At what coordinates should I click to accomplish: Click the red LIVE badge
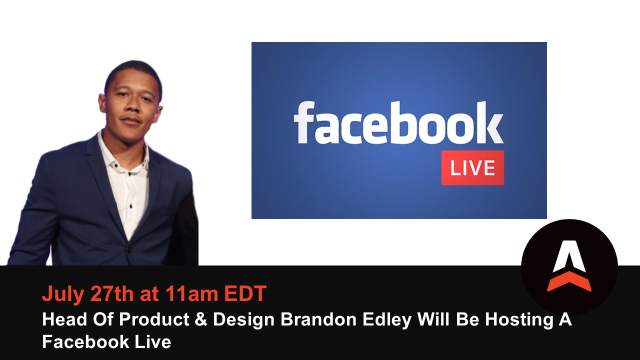pyautogui.click(x=472, y=167)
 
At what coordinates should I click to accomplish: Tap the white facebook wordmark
pyautogui.click(x=398, y=123)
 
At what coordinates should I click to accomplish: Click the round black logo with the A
pyautogui.click(x=569, y=267)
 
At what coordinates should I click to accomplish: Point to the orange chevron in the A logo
pyautogui.click(x=569, y=281)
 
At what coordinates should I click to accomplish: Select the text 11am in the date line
pyautogui.click(x=191, y=293)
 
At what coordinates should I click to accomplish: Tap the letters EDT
pyautogui.click(x=245, y=293)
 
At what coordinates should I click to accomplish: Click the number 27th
pyautogui.click(x=112, y=293)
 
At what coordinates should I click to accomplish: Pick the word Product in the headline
pyautogui.click(x=154, y=319)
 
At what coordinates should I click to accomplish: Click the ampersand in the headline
pyautogui.click(x=201, y=319)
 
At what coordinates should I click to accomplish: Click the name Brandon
pyautogui.click(x=318, y=319)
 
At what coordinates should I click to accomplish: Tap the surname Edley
pyautogui.click(x=387, y=320)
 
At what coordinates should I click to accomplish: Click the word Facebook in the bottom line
pyautogui.click(x=85, y=341)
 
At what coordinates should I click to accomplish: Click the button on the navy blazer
pyautogui.click(x=129, y=250)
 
